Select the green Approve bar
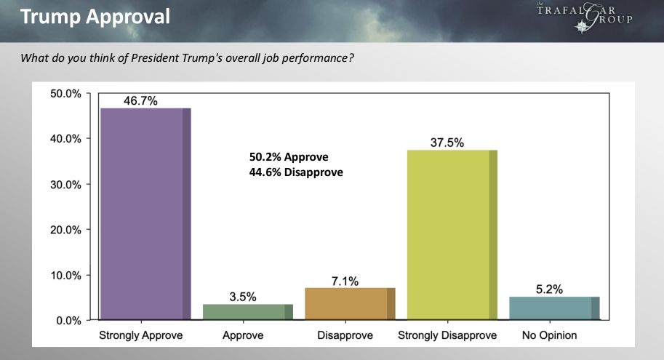click(248, 312)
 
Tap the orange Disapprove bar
click(350, 304)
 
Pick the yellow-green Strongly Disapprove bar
click(452, 234)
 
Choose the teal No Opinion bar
click(554, 308)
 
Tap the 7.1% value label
click(345, 281)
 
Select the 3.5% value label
click(243, 297)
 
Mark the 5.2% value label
click(549, 289)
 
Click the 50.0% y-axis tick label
click(65, 94)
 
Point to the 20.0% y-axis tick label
click(65, 230)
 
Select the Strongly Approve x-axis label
click(141, 336)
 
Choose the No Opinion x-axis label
click(549, 336)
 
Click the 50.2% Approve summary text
click(289, 157)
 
